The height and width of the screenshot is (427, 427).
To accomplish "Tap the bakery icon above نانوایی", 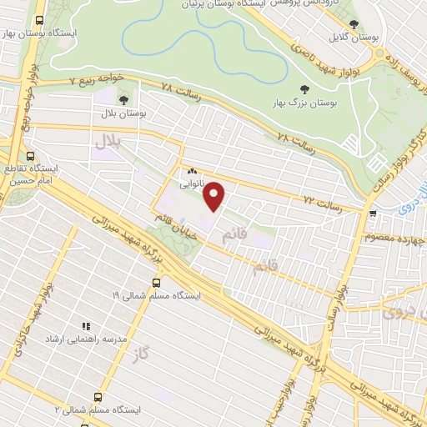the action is click(192, 170).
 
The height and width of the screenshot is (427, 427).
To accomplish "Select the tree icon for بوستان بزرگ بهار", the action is click(304, 88).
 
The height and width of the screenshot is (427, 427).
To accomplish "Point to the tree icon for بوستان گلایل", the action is click(354, 24).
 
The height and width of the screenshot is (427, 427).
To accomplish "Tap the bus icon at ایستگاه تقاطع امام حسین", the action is click(31, 156).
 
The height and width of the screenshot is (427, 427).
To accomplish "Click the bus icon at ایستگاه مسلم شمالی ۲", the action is click(98, 398).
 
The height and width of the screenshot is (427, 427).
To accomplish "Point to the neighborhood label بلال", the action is click(108, 143).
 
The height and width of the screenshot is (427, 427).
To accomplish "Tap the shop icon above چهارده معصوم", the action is click(372, 213).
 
